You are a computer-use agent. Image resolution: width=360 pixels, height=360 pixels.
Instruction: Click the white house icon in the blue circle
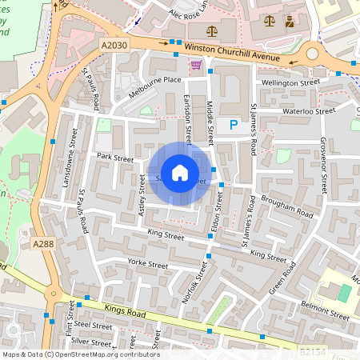[180, 173]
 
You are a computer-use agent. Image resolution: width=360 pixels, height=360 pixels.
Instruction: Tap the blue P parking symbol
[233, 125]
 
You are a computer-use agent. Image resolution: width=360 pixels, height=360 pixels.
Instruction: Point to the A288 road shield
[44, 242]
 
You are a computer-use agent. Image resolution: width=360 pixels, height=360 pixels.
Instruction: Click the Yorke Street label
[148, 264]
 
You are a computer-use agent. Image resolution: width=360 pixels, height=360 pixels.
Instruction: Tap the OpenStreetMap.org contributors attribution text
[104, 354]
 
